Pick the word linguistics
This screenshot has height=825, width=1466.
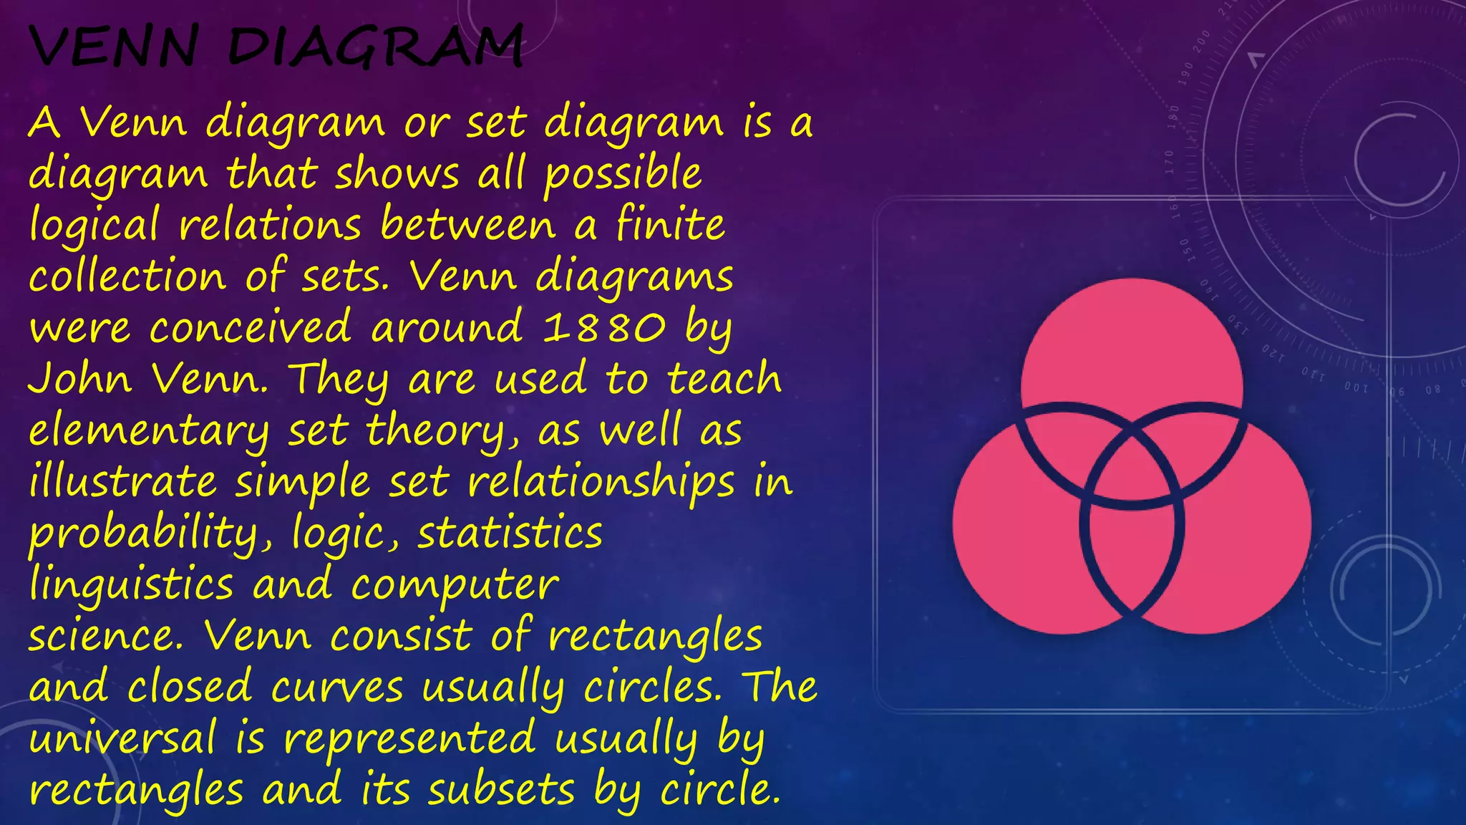(x=132, y=584)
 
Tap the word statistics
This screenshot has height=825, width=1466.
(x=510, y=534)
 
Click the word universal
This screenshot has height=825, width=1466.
(x=122, y=738)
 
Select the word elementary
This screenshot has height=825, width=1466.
(x=149, y=431)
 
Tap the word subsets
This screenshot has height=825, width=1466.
(x=501, y=789)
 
